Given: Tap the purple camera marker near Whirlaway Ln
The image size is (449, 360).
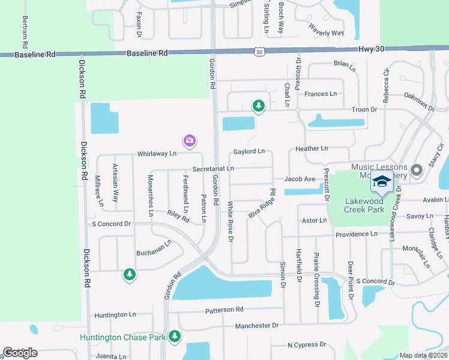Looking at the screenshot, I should point(190,141).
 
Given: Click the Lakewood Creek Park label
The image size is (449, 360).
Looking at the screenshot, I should point(364,205).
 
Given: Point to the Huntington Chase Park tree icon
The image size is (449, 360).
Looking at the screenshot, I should point(175,336).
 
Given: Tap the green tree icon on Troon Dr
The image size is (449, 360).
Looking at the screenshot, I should point(259,106).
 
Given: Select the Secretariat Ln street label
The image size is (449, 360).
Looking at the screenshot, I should point(213,170).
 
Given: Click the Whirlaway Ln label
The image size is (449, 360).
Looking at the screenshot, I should point(156,154).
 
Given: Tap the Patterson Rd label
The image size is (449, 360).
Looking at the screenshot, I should point(224,310).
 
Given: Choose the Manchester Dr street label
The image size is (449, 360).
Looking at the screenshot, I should point(257,325).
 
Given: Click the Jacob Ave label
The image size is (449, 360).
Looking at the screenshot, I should point(300,179).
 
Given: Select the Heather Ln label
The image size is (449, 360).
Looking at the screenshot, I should point(312,148).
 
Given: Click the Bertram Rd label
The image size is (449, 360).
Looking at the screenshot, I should point(25,32).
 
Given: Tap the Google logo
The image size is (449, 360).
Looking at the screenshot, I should point(20,353).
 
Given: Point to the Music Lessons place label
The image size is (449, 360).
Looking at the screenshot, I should point(379,167).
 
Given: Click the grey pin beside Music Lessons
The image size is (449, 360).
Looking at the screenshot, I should point(417,170).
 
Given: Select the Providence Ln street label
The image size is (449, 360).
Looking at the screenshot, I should point(357,234).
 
